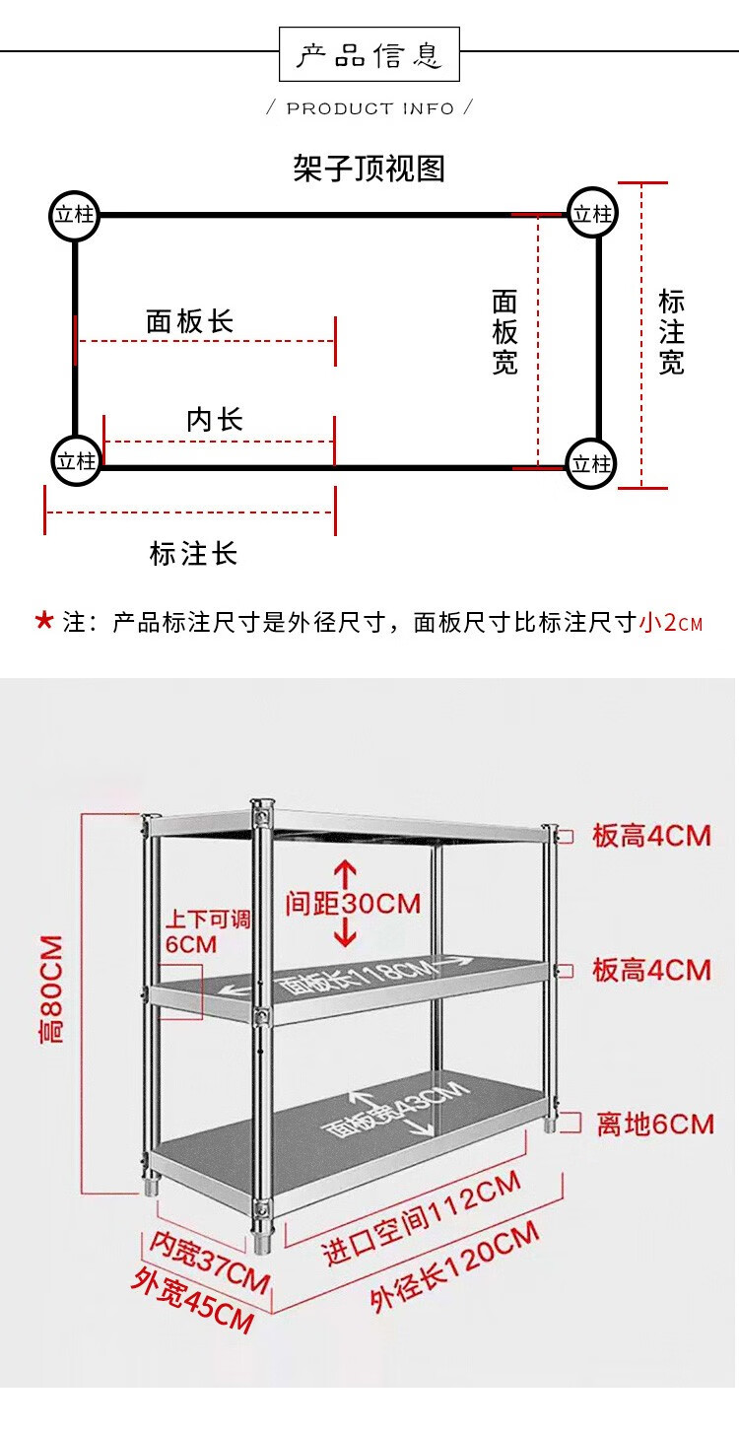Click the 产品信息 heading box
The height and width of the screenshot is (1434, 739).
click(369, 54)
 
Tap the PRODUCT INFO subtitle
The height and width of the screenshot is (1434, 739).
click(370, 108)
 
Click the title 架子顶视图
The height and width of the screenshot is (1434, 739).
click(369, 169)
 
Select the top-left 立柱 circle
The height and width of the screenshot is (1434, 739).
click(75, 214)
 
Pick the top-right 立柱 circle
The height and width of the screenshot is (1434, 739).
click(593, 214)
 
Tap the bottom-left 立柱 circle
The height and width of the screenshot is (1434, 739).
click(76, 460)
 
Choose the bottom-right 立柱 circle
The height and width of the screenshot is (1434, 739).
click(592, 463)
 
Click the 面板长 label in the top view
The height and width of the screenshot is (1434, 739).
click(189, 321)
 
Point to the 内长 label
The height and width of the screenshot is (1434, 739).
click(215, 420)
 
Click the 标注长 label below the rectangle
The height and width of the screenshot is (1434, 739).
click(193, 553)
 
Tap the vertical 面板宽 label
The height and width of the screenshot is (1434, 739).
click(504, 332)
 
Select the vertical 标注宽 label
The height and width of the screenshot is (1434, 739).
click(671, 332)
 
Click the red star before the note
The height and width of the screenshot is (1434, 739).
click(43, 621)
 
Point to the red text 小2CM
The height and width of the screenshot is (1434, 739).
click(671, 623)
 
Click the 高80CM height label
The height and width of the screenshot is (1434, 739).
click(50, 988)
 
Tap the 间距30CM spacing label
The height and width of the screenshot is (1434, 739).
click(353, 903)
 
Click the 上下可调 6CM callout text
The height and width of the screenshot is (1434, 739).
click(207, 931)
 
